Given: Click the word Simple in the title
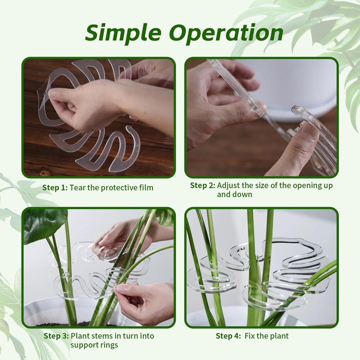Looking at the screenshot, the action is coord(123,33).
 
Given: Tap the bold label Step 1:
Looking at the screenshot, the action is coord(55,188).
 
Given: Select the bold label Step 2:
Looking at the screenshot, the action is coord(203,185).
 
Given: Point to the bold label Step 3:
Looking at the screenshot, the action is coord(56,336).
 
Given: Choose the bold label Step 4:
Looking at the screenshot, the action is coord(228,336).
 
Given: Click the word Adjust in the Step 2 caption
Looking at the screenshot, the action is coord(228,185).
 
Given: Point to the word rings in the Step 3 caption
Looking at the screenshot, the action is coord(109,345).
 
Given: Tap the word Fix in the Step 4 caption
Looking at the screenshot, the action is coord(250,336).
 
